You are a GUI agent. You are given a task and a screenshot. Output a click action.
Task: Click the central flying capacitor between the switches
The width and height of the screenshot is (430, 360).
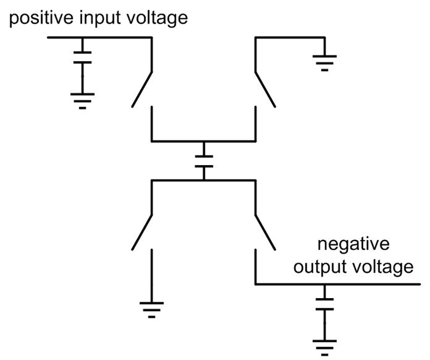pyautogui.click(x=204, y=161)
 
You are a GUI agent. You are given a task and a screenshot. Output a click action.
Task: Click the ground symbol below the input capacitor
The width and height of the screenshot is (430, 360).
pyautogui.click(x=82, y=100)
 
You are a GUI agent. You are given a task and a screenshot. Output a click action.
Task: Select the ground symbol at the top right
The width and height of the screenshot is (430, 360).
pyautogui.click(x=325, y=62)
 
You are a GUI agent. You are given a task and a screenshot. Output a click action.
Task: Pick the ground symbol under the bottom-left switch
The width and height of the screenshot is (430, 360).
pyautogui.click(x=152, y=309)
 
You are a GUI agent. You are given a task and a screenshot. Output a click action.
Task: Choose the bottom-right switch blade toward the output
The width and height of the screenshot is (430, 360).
pyautogui.click(x=265, y=232)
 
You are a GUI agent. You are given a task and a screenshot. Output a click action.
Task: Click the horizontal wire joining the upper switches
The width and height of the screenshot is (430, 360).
pyautogui.click(x=204, y=141)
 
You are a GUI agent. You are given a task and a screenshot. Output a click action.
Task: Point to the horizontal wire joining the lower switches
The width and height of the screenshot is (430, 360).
pyautogui.click(x=204, y=181)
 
